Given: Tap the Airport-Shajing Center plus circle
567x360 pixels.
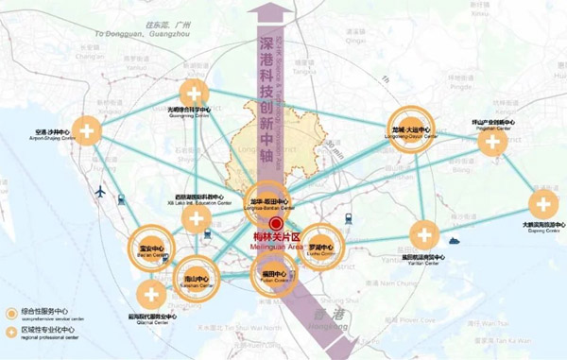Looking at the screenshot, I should click(x=87, y=129).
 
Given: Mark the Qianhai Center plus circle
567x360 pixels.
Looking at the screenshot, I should click(x=150, y=292).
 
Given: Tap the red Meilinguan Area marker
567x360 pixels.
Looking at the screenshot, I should click(x=274, y=224).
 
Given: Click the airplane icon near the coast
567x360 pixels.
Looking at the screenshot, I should click(x=97, y=194).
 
